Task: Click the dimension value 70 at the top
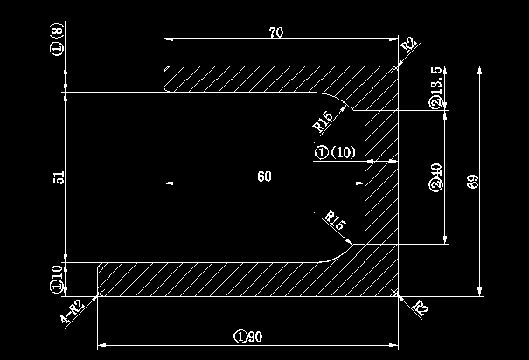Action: [276, 32]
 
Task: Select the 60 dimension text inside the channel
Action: [264, 177]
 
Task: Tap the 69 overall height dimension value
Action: [473, 182]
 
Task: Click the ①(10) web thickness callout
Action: [335, 153]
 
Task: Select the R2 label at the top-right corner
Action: [408, 45]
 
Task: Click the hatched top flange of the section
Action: [262, 80]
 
